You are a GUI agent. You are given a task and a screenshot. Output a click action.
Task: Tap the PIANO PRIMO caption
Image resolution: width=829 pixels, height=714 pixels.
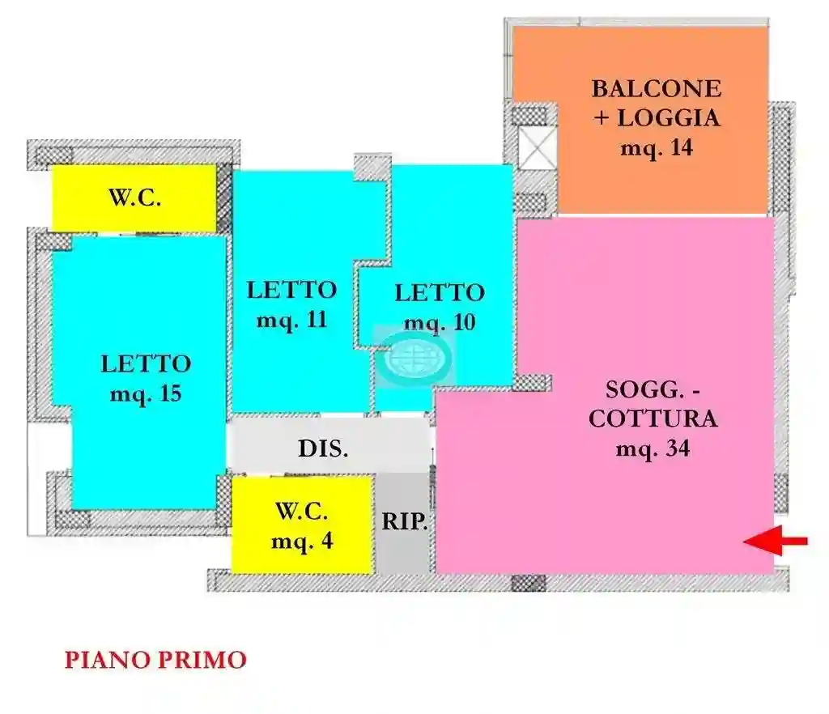tap(155, 660)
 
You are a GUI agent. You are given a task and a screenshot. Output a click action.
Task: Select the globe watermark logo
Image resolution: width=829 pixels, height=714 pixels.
tap(415, 356)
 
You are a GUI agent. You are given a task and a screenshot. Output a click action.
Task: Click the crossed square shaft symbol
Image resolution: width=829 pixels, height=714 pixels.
tap(535, 149)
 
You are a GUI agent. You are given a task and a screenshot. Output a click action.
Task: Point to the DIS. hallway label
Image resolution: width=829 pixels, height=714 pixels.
tap(323, 449)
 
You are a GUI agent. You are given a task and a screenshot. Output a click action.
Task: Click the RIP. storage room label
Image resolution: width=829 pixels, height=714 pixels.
tap(404, 521)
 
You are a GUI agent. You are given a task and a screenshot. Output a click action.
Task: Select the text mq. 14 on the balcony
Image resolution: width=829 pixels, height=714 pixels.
tap(657, 148)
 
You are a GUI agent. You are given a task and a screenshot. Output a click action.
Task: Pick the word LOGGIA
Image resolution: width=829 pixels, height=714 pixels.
tap(668, 118)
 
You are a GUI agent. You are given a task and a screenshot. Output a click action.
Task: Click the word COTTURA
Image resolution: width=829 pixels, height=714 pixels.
tap(653, 419)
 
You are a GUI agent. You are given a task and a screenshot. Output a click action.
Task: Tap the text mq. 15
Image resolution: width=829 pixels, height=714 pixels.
tap(146, 394)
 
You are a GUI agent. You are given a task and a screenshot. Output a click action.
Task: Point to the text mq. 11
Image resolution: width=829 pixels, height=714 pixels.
tap(292, 319)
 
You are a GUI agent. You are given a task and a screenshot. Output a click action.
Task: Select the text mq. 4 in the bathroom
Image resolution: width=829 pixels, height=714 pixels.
tap(302, 541)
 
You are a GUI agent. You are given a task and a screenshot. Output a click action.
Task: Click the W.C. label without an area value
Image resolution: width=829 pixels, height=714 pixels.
tap(134, 199)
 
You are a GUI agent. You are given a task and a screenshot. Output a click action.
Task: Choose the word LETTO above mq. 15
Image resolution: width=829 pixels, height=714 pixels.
tap(146, 364)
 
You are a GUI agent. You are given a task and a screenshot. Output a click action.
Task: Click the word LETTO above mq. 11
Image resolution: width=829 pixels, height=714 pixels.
tap(292, 289)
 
